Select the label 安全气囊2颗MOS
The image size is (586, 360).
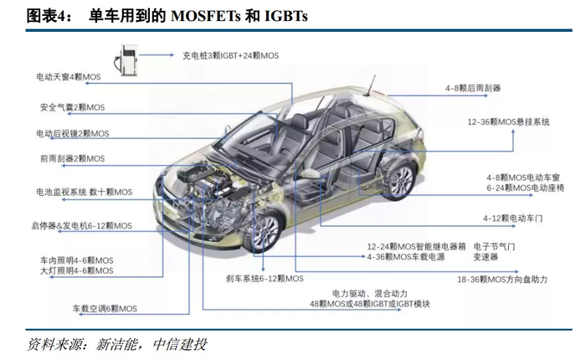pos(74,106)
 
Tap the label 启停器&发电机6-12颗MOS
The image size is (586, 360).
pos(81,226)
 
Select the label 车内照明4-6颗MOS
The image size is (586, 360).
pos(76,260)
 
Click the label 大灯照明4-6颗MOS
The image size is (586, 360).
pos(76,272)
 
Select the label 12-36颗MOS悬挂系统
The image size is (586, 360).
pos(509,122)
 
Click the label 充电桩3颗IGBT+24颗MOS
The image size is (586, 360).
pos(230,55)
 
